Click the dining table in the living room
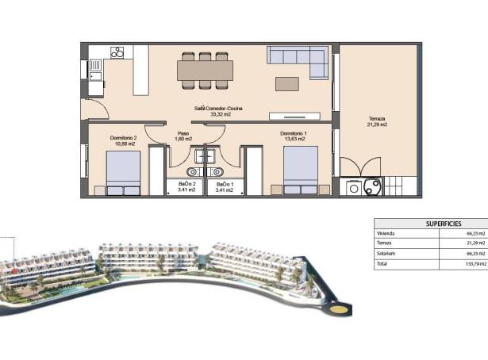point(206,70)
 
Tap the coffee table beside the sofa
point(287,83)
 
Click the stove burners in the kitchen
point(117,53)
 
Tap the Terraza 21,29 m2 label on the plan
point(376,121)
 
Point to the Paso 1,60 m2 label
point(183,136)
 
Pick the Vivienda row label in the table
point(386,234)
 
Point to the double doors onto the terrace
point(361,167)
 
